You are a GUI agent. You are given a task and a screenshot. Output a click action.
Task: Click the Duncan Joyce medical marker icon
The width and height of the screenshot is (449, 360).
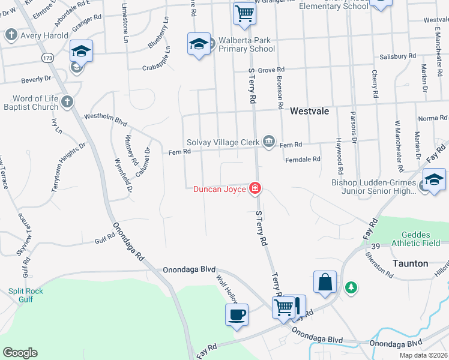pos(255,189)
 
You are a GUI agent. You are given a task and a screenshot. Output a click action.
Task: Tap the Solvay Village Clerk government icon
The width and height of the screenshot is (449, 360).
pos(269,142)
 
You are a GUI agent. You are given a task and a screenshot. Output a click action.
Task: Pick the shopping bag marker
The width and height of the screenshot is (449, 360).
pos(325,282)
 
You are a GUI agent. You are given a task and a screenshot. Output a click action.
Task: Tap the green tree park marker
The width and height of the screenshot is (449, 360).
pos(351,288)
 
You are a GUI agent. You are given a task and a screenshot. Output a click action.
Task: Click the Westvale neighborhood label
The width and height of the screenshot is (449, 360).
pos(309,112)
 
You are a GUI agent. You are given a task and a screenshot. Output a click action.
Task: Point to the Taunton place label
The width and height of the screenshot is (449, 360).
pos(410,263)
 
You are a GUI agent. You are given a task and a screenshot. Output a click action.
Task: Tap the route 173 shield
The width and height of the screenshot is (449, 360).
pos(48,58)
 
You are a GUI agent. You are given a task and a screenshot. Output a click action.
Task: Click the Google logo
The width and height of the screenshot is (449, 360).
pos(20,353)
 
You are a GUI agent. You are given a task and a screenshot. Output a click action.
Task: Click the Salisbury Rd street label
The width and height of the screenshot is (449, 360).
pos(397,56)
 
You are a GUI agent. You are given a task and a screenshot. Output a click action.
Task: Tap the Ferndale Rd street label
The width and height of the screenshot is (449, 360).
pos(303,159)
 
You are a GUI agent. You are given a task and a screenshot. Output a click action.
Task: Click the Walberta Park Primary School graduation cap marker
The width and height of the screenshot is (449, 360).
pos(199,44)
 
